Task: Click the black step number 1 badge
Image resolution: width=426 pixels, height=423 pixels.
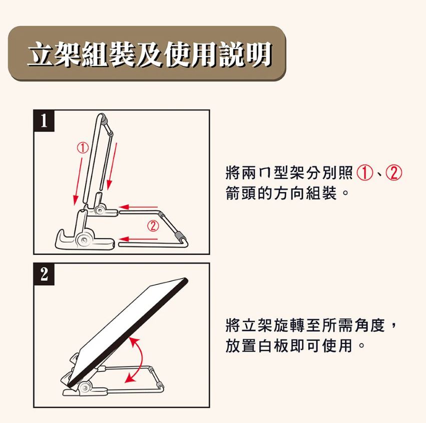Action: click(44, 120)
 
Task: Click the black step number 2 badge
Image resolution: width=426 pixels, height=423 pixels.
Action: click(44, 274)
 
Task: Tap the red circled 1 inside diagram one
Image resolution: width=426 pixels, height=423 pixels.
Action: click(83, 148)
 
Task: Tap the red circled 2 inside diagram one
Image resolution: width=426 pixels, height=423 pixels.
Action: click(153, 225)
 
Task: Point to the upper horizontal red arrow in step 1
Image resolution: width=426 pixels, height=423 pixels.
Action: click(138, 207)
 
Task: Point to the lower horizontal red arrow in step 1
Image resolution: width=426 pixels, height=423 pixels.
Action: click(138, 239)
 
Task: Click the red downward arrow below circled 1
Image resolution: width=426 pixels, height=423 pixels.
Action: click(79, 181)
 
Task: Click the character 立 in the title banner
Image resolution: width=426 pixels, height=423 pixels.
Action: click(41, 53)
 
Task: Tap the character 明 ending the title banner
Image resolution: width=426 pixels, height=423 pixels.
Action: click(258, 53)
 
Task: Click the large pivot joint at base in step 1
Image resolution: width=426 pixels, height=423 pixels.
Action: click(83, 239)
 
